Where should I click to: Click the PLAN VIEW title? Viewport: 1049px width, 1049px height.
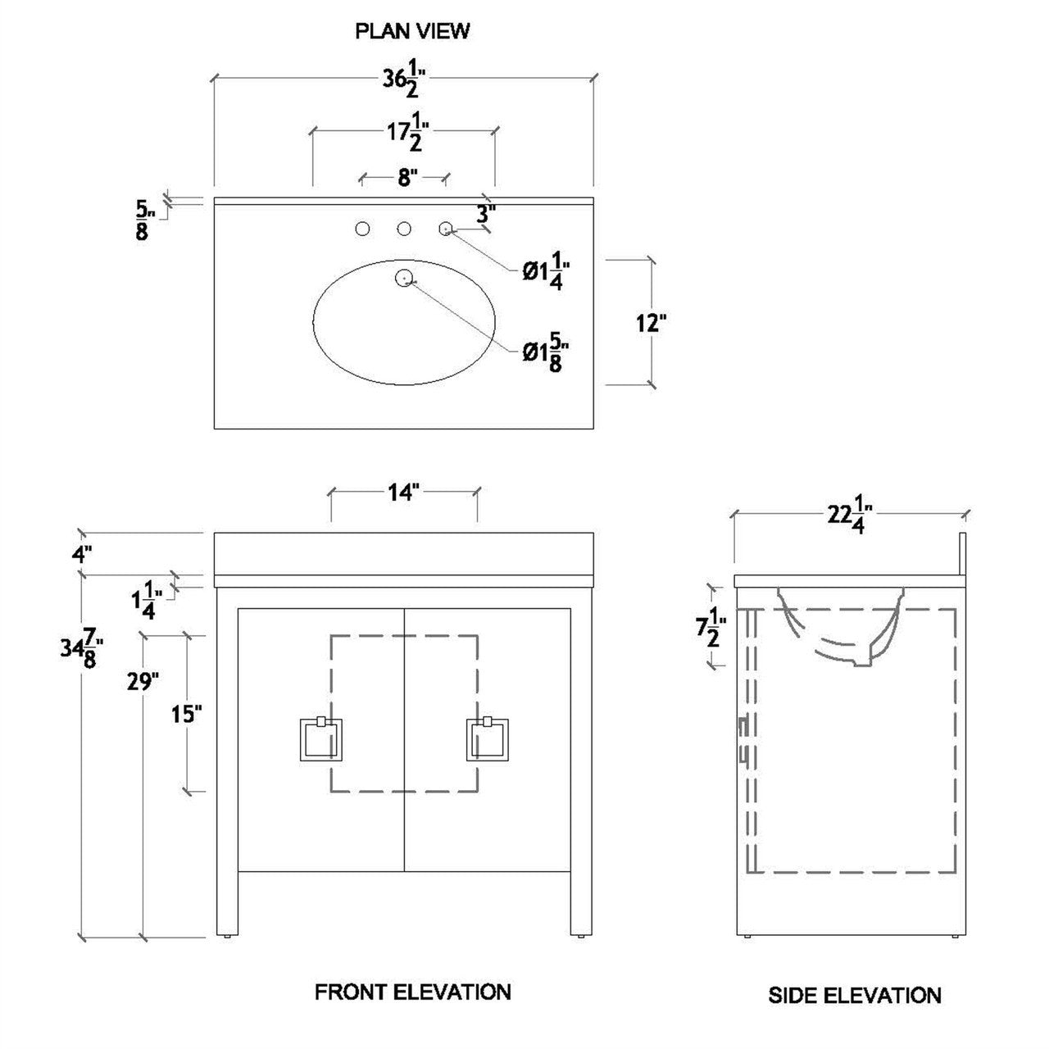point(412,31)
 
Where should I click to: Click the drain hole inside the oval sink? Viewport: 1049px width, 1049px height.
point(403,278)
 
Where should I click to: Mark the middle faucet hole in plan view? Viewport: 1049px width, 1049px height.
point(403,229)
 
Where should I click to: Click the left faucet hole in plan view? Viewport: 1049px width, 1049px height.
point(361,229)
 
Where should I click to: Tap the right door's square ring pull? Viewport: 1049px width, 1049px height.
point(488,739)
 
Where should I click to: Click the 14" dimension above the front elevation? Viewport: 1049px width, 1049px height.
point(403,492)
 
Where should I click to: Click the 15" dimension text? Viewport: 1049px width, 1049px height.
point(186,714)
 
